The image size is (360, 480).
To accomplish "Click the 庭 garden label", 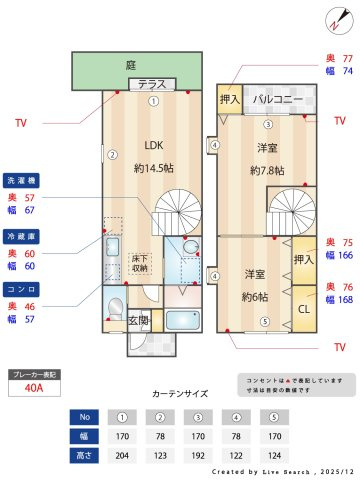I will coord(131,65).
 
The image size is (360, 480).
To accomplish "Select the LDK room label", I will coord(153,143).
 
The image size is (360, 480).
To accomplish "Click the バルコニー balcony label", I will coord(272,100).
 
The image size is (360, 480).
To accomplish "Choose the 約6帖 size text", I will coord(257,298).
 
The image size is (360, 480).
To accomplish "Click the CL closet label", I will coord(302,308).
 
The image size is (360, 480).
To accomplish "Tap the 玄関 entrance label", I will coord(138,321).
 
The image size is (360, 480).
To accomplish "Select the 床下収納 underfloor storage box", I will coord(141,263).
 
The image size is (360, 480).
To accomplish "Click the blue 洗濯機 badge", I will coord(22,180).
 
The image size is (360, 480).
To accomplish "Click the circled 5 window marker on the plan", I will coord(264,321).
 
